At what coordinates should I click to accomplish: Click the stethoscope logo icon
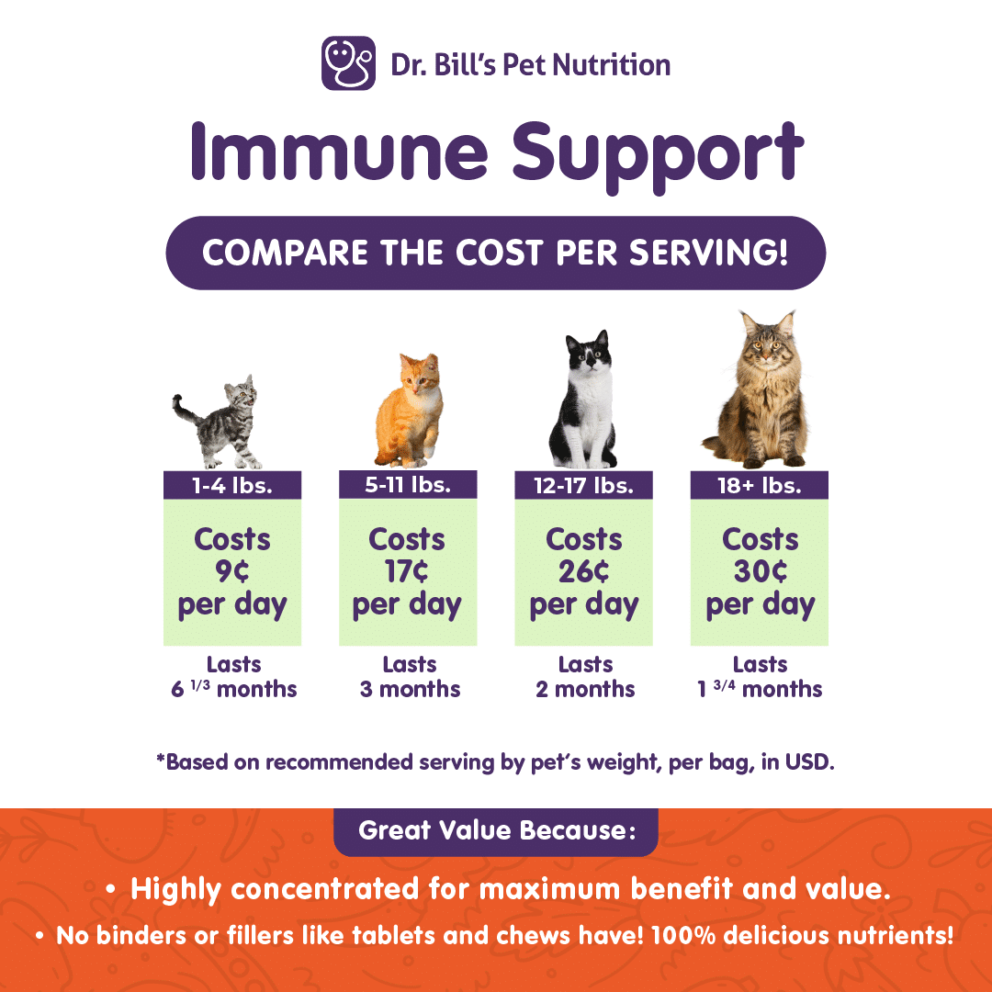point(349,63)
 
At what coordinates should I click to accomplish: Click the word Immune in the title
point(340,152)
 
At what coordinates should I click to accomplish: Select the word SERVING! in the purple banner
point(708,253)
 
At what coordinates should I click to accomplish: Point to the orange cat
point(409,411)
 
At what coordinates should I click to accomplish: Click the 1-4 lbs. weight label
point(232,485)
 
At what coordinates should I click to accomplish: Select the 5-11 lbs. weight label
point(408,485)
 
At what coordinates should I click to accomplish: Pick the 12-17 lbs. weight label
point(583,485)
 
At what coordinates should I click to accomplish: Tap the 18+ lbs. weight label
point(760,485)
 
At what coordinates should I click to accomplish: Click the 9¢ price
point(232,571)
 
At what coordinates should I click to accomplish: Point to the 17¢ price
point(407,571)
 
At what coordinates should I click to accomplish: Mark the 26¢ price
point(583,571)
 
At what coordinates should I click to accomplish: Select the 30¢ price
point(760,571)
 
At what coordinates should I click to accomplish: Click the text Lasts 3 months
point(410,676)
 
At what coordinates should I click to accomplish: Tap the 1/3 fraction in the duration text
point(200,684)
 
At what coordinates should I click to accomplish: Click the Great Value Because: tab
point(496,831)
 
